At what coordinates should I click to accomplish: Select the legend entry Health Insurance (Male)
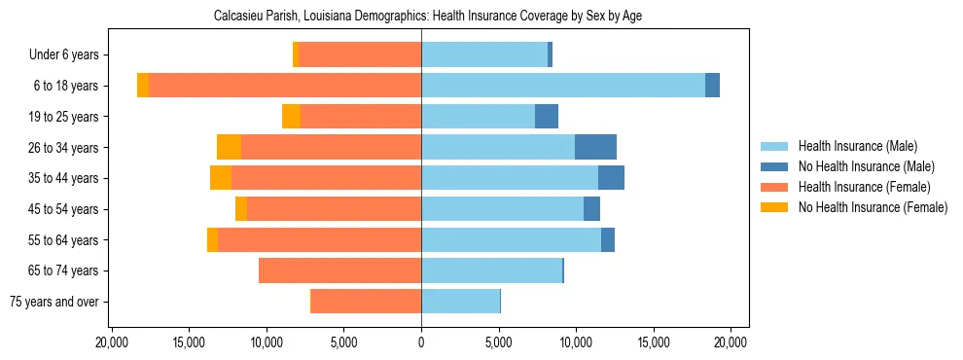tap(857, 146)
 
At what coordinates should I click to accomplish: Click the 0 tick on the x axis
tap(421, 342)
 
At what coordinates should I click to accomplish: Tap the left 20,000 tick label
tap(113, 342)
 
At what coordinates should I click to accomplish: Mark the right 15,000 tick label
tap(653, 342)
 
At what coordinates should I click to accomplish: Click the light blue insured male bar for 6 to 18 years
tap(562, 86)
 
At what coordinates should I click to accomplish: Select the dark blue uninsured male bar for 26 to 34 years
tap(595, 147)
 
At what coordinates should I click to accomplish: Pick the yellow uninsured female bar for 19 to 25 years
tap(291, 117)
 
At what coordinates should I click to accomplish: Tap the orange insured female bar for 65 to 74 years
tap(339, 270)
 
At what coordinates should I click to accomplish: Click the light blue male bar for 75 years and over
tap(460, 302)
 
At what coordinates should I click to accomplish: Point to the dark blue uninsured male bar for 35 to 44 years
tap(611, 178)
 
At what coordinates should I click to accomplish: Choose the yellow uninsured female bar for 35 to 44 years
tap(221, 178)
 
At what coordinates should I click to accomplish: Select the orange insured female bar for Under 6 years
tap(360, 55)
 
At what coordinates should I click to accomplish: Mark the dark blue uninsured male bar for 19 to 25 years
tap(547, 117)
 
